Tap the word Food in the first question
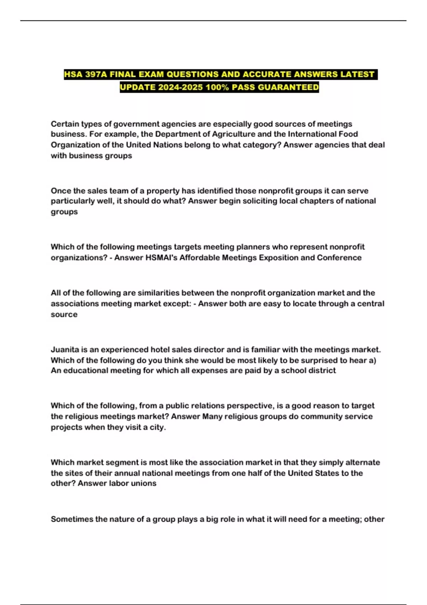click(348, 134)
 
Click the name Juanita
click(65, 349)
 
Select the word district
click(322, 370)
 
